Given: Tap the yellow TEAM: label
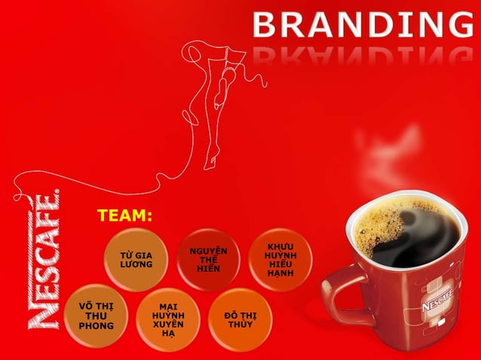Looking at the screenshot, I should [124, 216].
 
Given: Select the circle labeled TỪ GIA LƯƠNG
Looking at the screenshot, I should [136, 260].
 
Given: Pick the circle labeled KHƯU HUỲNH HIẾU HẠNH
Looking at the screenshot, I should [280, 259].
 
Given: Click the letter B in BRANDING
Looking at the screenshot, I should [265, 26].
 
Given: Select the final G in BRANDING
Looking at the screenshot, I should [460, 26].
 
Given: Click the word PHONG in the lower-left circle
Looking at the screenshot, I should [97, 326].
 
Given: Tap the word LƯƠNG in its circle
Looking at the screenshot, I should [136, 265].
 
